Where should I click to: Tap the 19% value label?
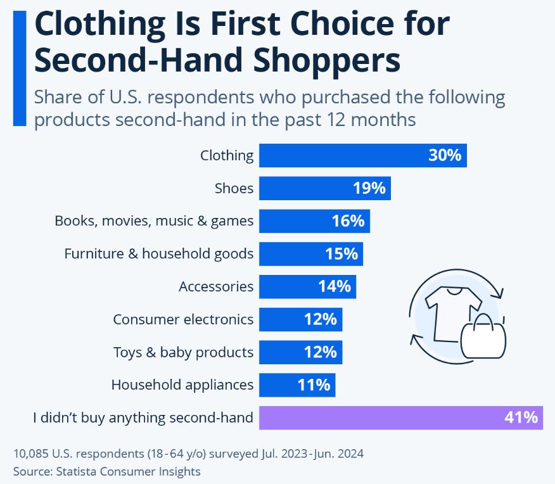(x=369, y=188)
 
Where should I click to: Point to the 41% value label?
(x=521, y=417)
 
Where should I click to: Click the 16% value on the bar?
(x=348, y=221)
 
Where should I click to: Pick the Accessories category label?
(x=216, y=286)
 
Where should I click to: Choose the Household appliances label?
(x=182, y=385)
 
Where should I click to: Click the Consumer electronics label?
(x=183, y=319)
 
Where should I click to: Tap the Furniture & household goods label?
(x=159, y=253)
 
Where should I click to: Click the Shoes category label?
(x=234, y=188)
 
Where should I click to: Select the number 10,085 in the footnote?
(x=30, y=454)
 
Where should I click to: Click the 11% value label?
(x=314, y=385)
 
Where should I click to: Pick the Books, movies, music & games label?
(x=154, y=221)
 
